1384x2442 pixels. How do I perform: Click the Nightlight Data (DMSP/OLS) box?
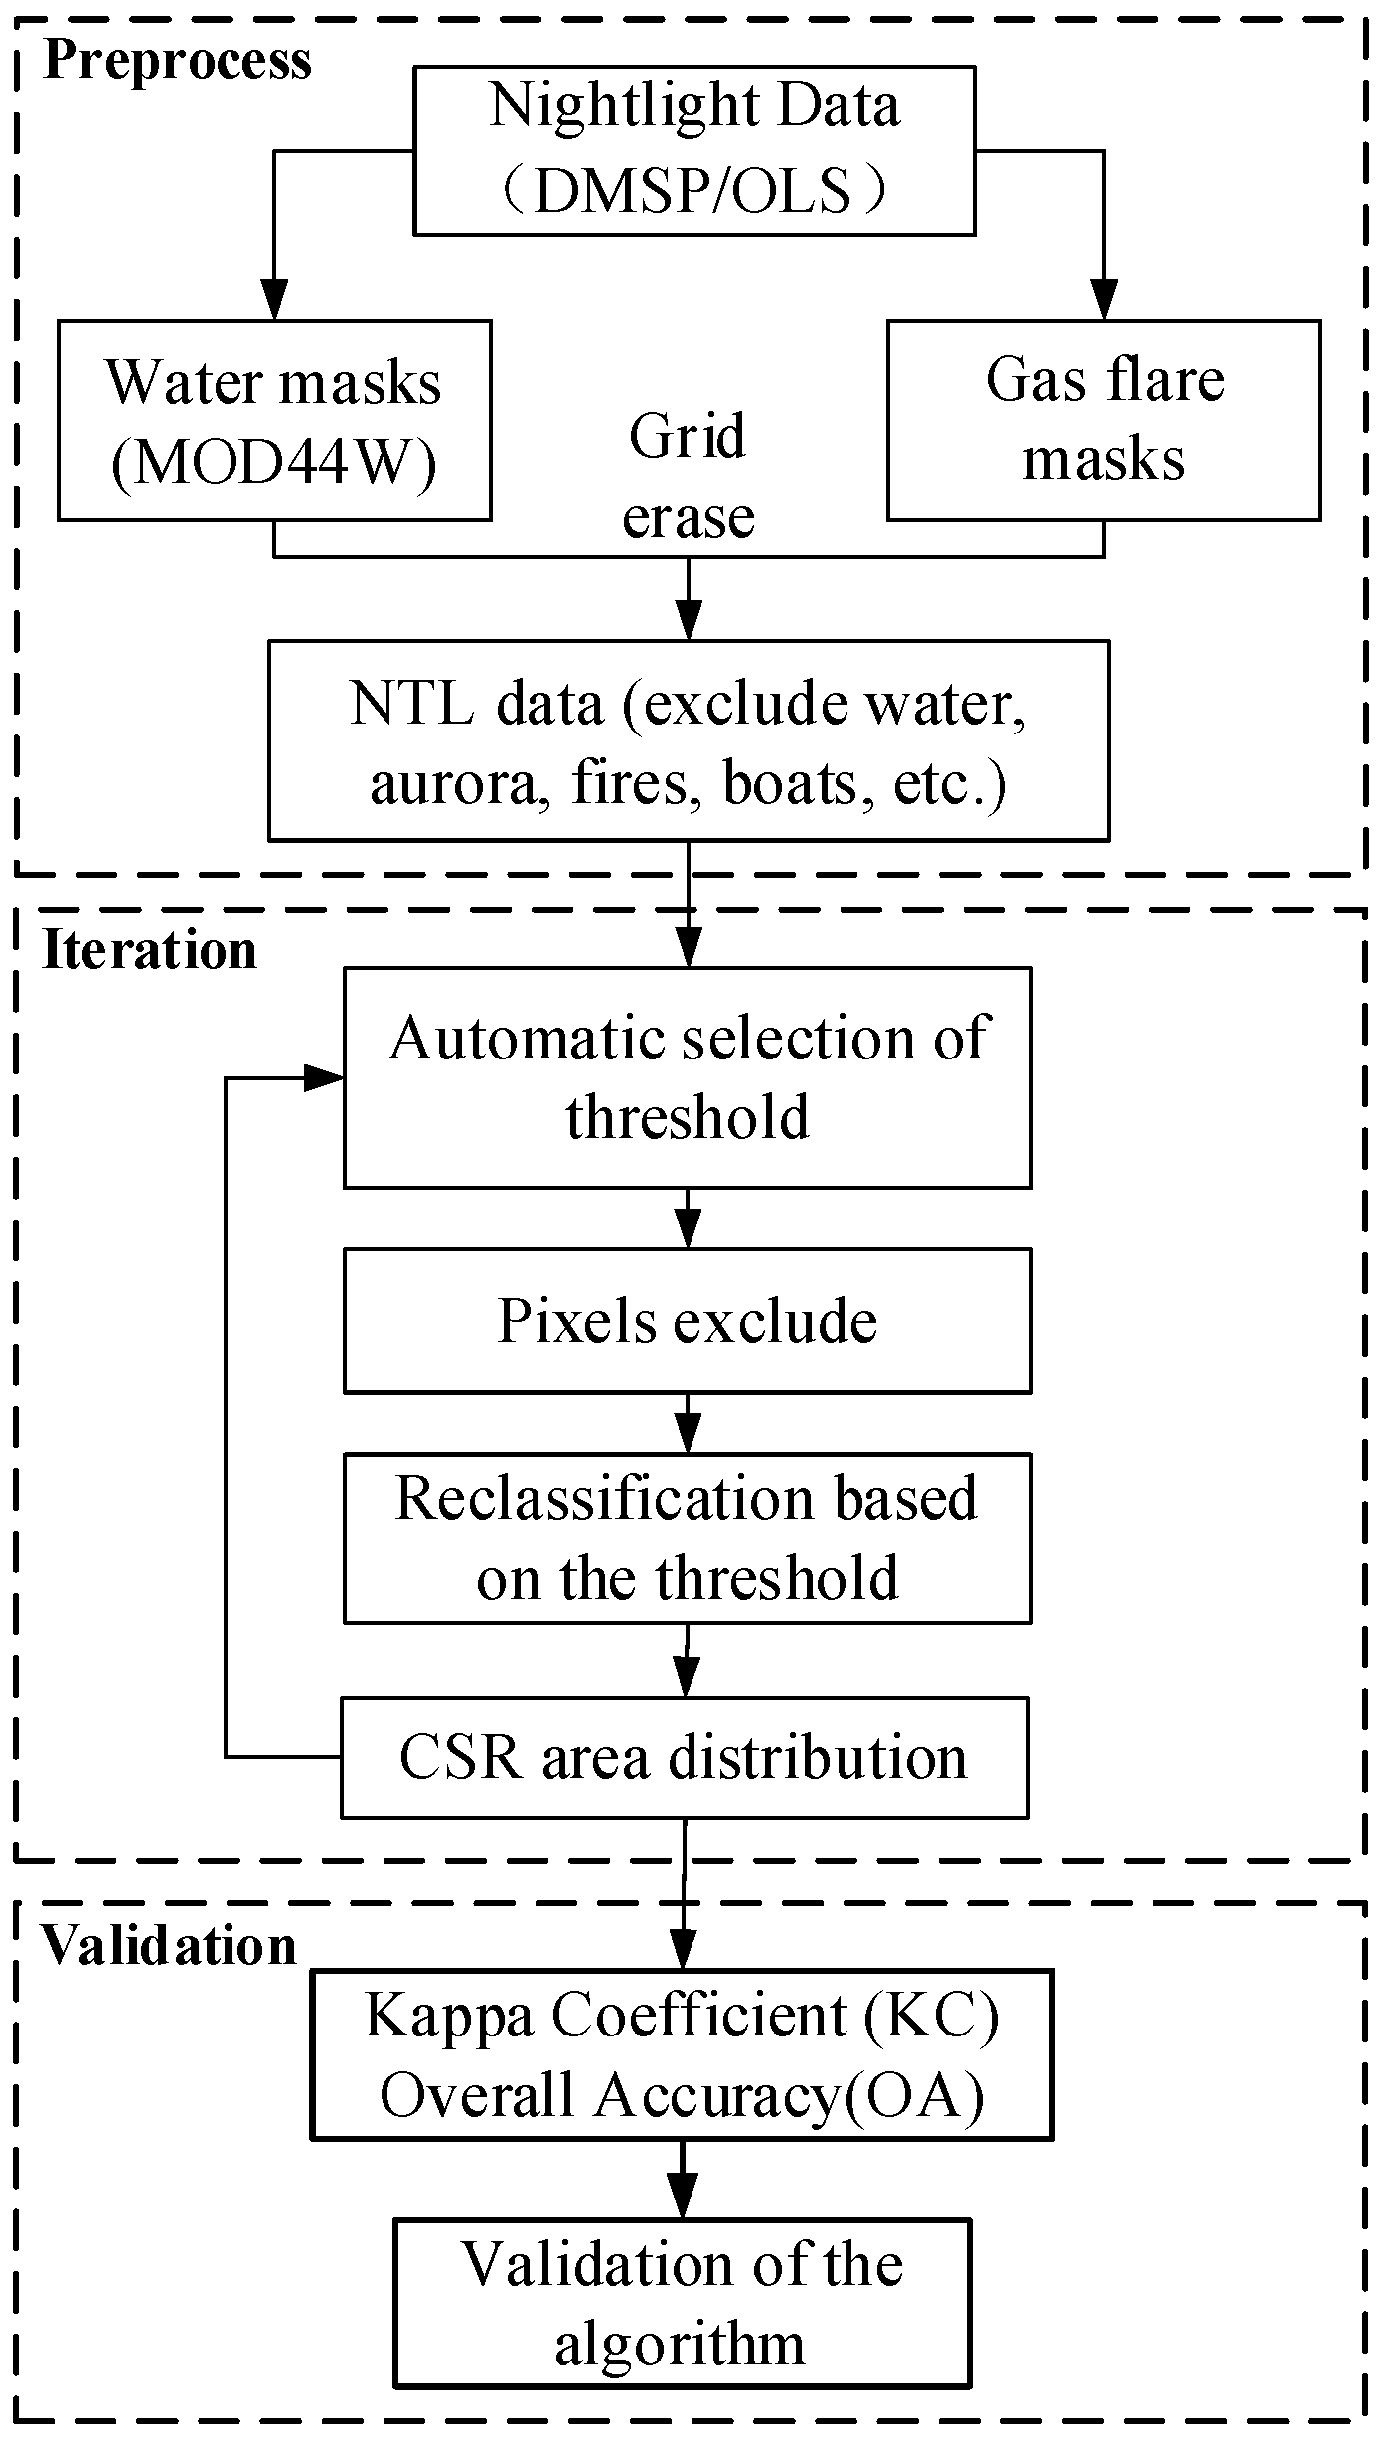(693, 150)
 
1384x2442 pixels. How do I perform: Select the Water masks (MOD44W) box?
(274, 420)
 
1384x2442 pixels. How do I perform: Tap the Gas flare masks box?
(1104, 420)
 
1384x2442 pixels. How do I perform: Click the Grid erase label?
(688, 476)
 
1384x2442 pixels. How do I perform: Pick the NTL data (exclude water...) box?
(688, 740)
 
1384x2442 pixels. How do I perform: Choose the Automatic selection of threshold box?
(688, 1077)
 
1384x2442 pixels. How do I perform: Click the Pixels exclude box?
(688, 1321)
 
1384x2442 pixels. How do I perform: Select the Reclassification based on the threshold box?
(688, 1538)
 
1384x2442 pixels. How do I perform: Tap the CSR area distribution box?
(684, 1757)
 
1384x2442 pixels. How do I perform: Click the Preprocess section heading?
(178, 60)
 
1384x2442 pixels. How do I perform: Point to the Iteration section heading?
(150, 950)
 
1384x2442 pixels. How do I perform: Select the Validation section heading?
(169, 1946)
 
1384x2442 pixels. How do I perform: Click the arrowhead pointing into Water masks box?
(274, 298)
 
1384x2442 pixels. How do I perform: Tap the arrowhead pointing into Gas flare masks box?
(1104, 298)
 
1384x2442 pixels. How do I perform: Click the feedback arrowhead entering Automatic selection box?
(323, 1077)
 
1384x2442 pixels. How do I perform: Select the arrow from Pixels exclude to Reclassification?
(688, 1423)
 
